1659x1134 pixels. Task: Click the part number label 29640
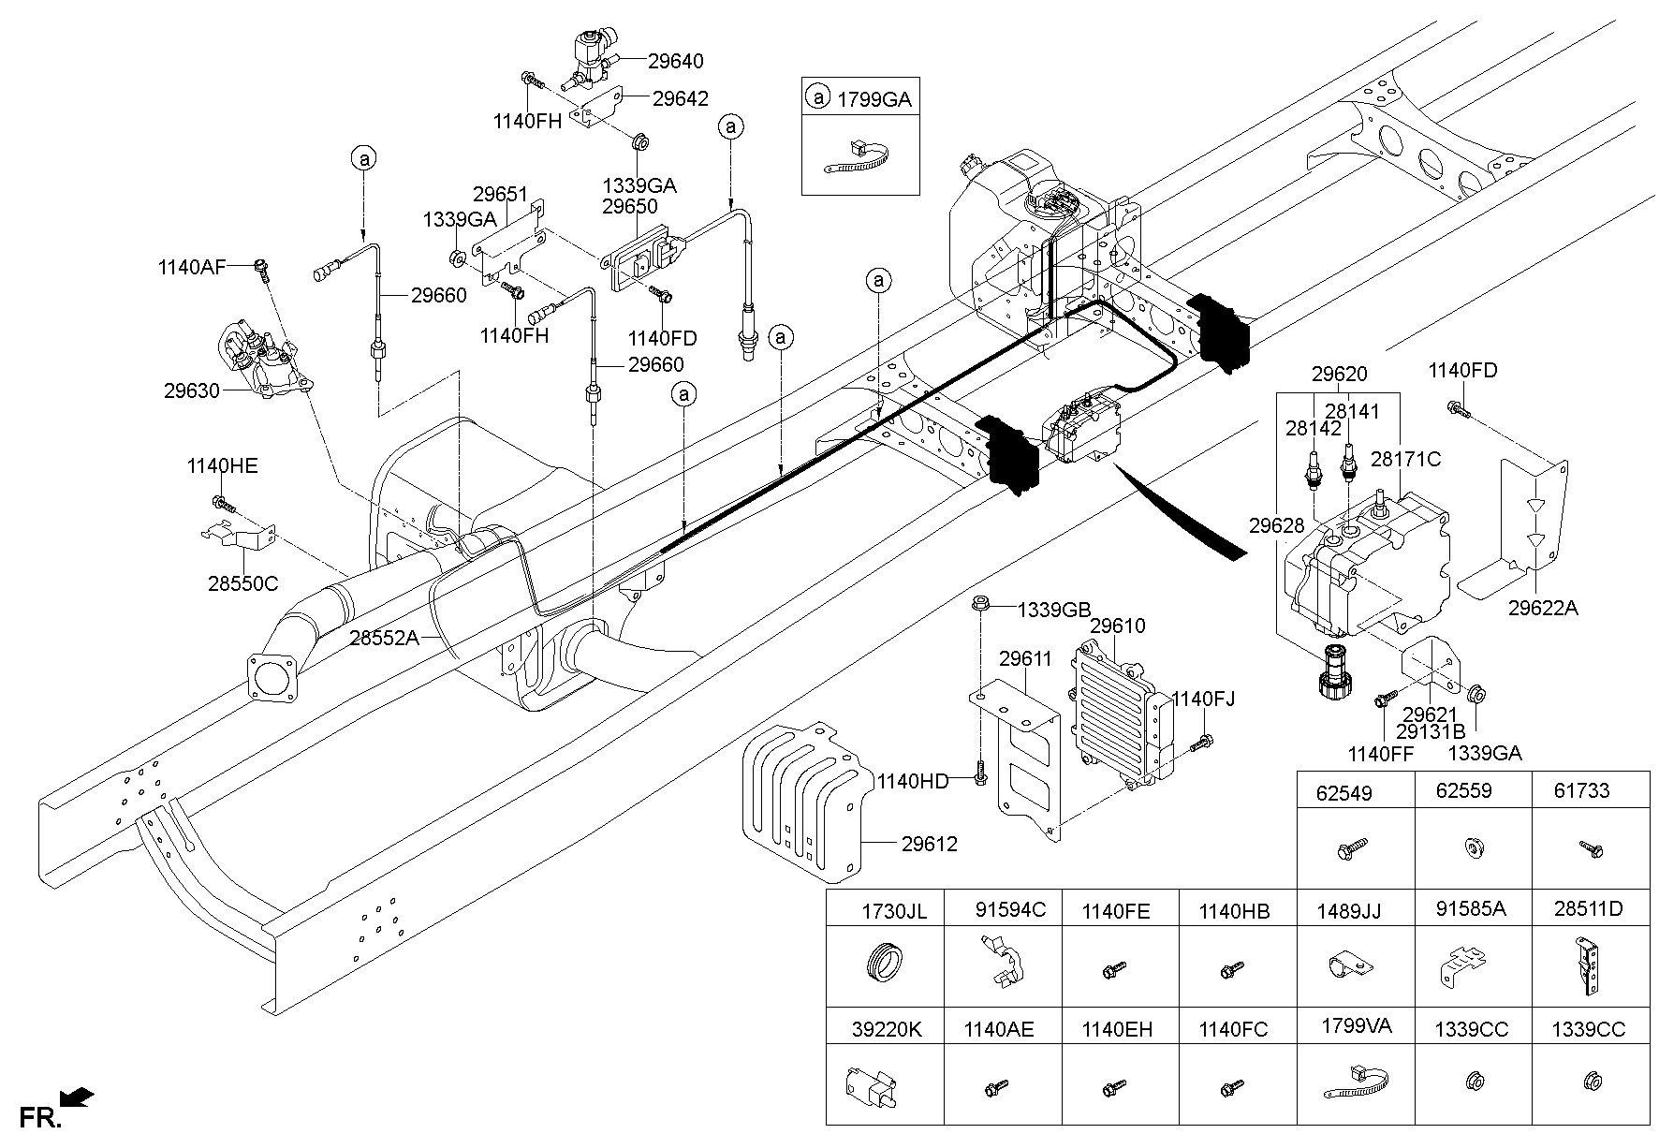click(675, 61)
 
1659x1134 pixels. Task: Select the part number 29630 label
click(192, 391)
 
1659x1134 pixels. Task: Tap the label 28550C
click(242, 583)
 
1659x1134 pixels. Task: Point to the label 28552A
click(385, 639)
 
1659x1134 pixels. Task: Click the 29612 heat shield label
click(930, 844)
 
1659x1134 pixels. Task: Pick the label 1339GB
click(1055, 609)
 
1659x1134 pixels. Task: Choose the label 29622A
click(1542, 608)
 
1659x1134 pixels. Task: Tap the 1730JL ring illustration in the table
click(884, 965)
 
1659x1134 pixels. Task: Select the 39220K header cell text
click(886, 1029)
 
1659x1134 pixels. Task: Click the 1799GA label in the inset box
click(873, 99)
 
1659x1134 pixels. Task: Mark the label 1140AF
click(191, 268)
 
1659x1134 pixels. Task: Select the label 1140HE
click(222, 466)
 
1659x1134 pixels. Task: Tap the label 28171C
click(1405, 459)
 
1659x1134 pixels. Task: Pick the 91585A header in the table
click(1470, 909)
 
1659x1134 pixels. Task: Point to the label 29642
click(681, 98)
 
